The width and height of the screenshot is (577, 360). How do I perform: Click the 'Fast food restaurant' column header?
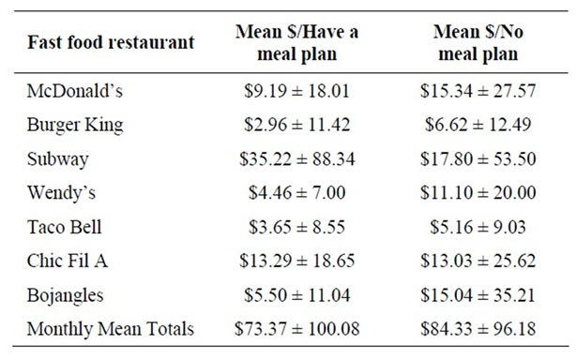click(x=111, y=42)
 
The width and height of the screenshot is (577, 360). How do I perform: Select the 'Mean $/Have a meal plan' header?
click(x=296, y=43)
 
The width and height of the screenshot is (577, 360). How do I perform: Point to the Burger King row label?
click(x=75, y=125)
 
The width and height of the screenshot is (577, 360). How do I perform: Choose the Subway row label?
click(x=58, y=158)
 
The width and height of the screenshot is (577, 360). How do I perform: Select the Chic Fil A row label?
click(x=68, y=261)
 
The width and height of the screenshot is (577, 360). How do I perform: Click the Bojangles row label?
click(x=68, y=294)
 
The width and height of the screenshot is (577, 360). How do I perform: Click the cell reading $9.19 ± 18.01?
click(x=296, y=93)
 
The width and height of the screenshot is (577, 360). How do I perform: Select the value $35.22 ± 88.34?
click(x=296, y=158)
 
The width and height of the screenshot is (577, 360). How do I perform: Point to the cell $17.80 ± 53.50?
click(x=478, y=158)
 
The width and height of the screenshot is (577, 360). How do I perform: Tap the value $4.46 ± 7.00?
click(x=296, y=193)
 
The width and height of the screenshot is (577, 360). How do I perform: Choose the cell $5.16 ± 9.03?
click(x=478, y=227)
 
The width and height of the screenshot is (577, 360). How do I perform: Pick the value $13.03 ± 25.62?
click(x=478, y=261)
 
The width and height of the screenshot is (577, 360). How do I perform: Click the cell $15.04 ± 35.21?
click(x=478, y=294)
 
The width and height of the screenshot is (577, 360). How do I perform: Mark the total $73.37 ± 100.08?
click(x=296, y=328)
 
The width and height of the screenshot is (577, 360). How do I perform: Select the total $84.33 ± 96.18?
click(x=478, y=328)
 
